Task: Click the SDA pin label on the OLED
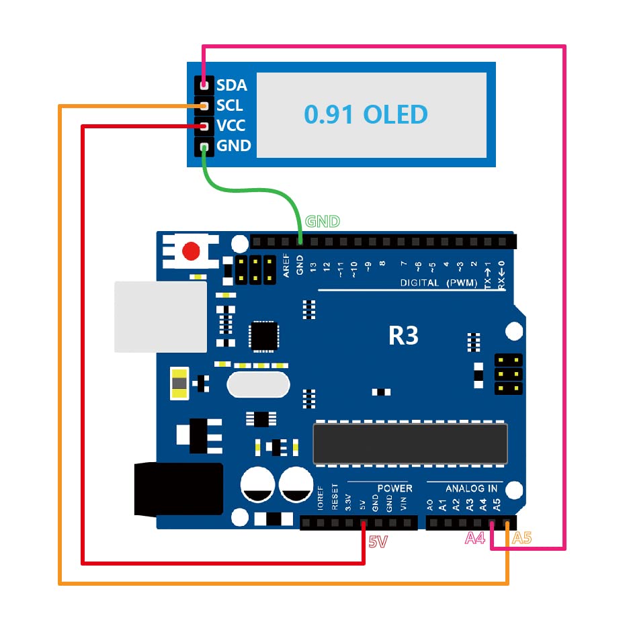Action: [x=232, y=85]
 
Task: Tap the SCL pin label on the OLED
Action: [x=230, y=105]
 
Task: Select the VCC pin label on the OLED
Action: [x=230, y=126]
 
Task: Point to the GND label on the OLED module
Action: [x=233, y=146]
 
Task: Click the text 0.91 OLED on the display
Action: [x=366, y=115]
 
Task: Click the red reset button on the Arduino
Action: [x=192, y=252]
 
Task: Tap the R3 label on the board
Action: [x=403, y=336]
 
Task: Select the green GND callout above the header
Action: [x=323, y=222]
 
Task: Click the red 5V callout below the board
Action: [x=378, y=541]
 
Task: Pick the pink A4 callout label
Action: [x=475, y=538]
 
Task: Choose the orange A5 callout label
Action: [x=522, y=538]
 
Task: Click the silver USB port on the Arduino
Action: [x=161, y=316]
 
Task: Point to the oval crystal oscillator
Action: [x=258, y=385]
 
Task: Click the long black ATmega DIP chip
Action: [x=410, y=443]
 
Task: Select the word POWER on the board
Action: [x=394, y=488]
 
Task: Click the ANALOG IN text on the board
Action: [x=472, y=488]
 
